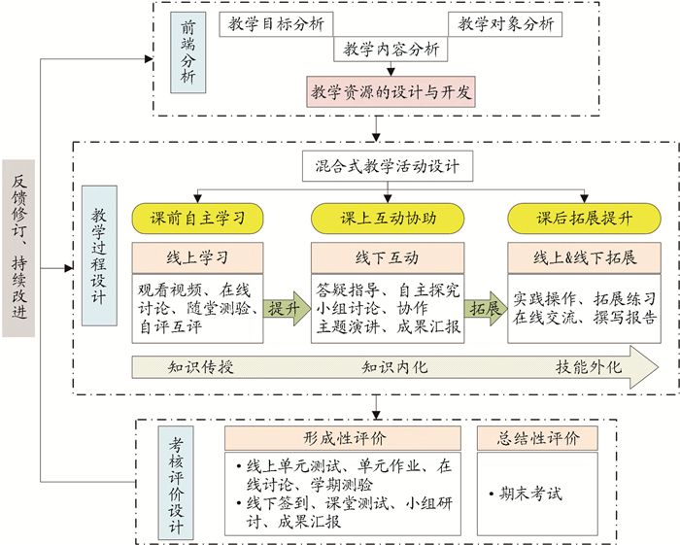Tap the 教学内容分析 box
point(391,49)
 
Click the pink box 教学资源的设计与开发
point(391,93)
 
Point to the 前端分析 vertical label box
point(187,53)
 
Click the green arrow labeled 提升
point(287,309)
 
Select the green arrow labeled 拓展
point(484,309)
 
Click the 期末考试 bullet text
point(530,494)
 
